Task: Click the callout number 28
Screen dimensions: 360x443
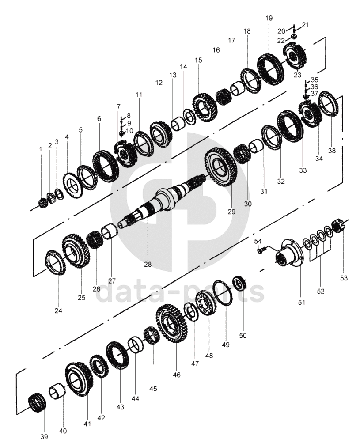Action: (x=148, y=265)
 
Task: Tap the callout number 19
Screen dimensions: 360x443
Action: (x=269, y=18)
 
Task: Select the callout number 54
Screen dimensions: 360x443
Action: (x=258, y=241)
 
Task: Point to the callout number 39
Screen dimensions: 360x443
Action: (x=44, y=437)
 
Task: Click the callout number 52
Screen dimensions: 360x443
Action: (x=321, y=291)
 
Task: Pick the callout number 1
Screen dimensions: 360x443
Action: (x=40, y=149)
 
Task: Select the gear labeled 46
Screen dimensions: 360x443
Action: (x=171, y=323)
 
